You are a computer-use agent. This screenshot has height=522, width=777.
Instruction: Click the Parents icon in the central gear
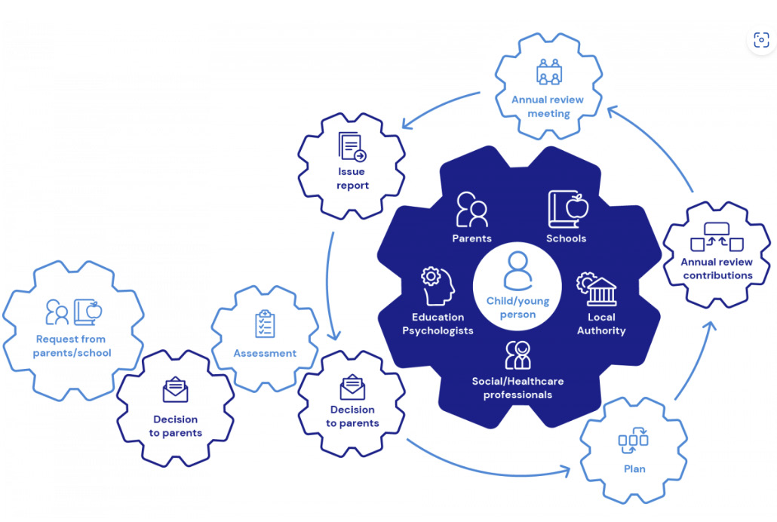pos(471,210)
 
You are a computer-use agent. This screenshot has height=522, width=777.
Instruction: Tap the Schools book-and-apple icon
pos(568,209)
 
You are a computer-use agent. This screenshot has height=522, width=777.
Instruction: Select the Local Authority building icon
pos(597,289)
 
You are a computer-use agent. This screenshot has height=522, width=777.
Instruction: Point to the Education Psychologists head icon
pos(438,286)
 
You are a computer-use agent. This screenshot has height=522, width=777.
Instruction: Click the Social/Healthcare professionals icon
pos(517,355)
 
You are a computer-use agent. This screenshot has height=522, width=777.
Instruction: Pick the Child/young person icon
pos(517,271)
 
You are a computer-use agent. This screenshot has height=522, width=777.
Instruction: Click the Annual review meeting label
pos(548,106)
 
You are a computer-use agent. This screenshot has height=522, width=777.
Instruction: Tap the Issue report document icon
pos(352,146)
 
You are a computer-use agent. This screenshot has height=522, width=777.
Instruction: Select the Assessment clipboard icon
pos(265,324)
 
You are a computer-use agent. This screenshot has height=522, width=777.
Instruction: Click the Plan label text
pos(634,469)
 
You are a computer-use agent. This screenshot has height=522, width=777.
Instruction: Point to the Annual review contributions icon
pos(717,237)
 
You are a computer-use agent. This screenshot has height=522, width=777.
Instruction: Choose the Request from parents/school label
pos(72,346)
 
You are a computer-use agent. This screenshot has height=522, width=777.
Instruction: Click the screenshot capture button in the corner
pos(761,40)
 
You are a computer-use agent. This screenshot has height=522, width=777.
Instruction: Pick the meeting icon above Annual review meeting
pos(549,72)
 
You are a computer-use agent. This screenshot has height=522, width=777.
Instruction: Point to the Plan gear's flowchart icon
pos(634,441)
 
